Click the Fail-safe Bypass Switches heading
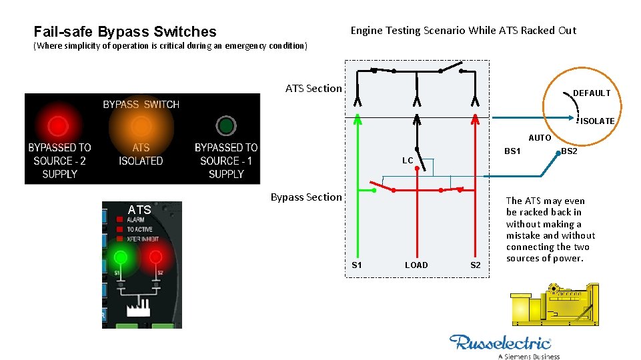click(125, 31)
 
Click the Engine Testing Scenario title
click(463, 30)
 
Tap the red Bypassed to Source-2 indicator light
click(59, 125)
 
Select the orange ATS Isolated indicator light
click(141, 125)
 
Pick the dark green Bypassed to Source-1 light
click(226, 125)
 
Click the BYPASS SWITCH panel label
click(141, 104)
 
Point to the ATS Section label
click(313, 88)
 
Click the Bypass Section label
click(306, 197)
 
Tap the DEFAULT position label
click(592, 93)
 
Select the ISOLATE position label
click(597, 121)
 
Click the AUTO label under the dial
click(540, 138)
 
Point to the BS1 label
click(512, 151)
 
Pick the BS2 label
click(569, 151)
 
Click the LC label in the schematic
click(408, 161)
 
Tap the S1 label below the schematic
click(357, 265)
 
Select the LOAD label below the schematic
click(416, 265)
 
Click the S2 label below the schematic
click(475, 265)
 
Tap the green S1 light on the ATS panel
click(121, 257)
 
